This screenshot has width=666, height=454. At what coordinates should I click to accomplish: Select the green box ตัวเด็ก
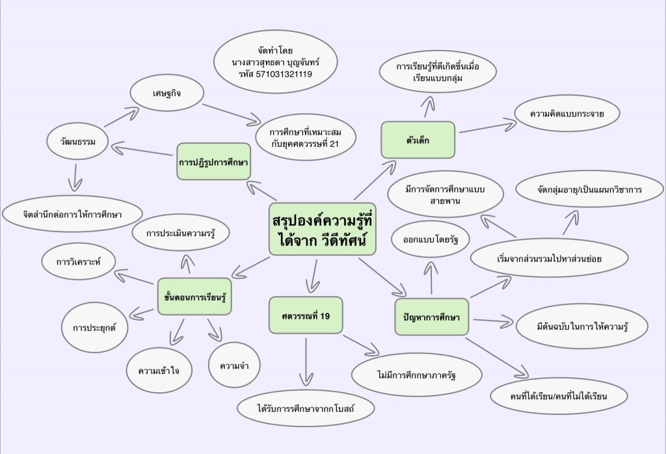pos(418,140)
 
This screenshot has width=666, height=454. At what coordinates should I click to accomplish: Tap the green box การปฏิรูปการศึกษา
pos(214,161)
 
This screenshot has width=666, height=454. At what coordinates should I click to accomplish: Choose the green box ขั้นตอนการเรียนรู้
pos(194,296)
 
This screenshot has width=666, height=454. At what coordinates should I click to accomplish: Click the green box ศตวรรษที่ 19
pos(306,315)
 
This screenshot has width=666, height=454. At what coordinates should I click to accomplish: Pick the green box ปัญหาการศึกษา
pos(432,317)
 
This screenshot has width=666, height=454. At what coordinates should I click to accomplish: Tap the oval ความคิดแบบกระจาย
pos(566,114)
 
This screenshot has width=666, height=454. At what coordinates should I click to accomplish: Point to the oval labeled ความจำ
pos(234,365)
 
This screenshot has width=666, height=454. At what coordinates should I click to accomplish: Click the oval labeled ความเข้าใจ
pos(159,371)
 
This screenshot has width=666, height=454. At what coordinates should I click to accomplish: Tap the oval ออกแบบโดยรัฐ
pos(431,239)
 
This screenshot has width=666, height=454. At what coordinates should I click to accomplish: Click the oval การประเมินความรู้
pos(180,234)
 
